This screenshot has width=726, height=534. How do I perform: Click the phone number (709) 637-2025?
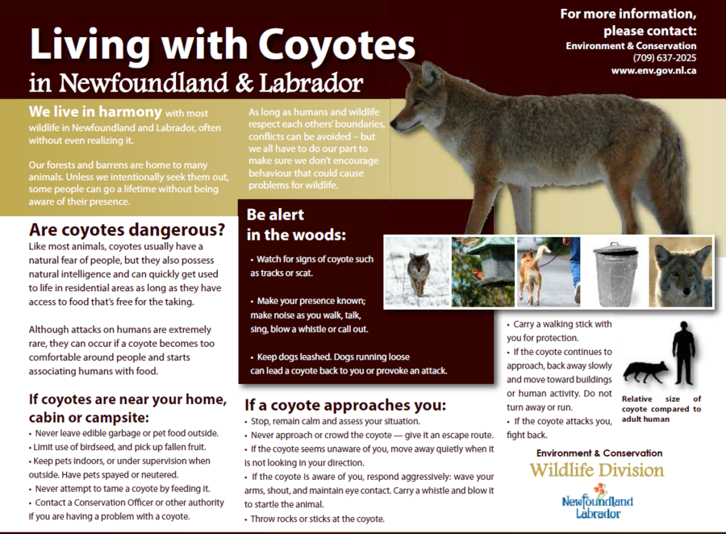coord(665,58)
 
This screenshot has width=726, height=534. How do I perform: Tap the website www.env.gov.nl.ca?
coord(653,71)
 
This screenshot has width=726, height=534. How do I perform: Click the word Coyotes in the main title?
coord(336,44)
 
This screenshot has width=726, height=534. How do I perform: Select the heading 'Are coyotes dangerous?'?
coord(127,230)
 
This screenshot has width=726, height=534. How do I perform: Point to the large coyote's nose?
coord(394,124)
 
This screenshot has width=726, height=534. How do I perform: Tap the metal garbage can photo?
coord(615,273)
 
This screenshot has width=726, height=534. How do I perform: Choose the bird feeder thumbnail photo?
coord(483,272)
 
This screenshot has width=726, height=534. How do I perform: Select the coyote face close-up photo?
coord(680,273)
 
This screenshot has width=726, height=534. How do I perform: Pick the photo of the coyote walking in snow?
coord(418,272)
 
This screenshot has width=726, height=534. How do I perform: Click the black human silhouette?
coord(684,353)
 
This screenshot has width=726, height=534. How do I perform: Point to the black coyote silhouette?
coord(646,371)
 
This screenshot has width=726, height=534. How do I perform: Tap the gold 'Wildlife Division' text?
coord(597,470)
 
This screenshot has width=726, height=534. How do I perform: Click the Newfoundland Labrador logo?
coord(597,501)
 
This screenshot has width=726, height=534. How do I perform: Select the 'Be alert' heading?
coord(275,215)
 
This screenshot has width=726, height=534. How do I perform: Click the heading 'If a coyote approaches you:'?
coord(345,405)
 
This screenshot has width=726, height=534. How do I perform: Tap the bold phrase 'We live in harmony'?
coord(95,111)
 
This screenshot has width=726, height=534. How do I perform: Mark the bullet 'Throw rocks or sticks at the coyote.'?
coord(315,519)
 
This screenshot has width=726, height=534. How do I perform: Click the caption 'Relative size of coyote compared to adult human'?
coord(661,409)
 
